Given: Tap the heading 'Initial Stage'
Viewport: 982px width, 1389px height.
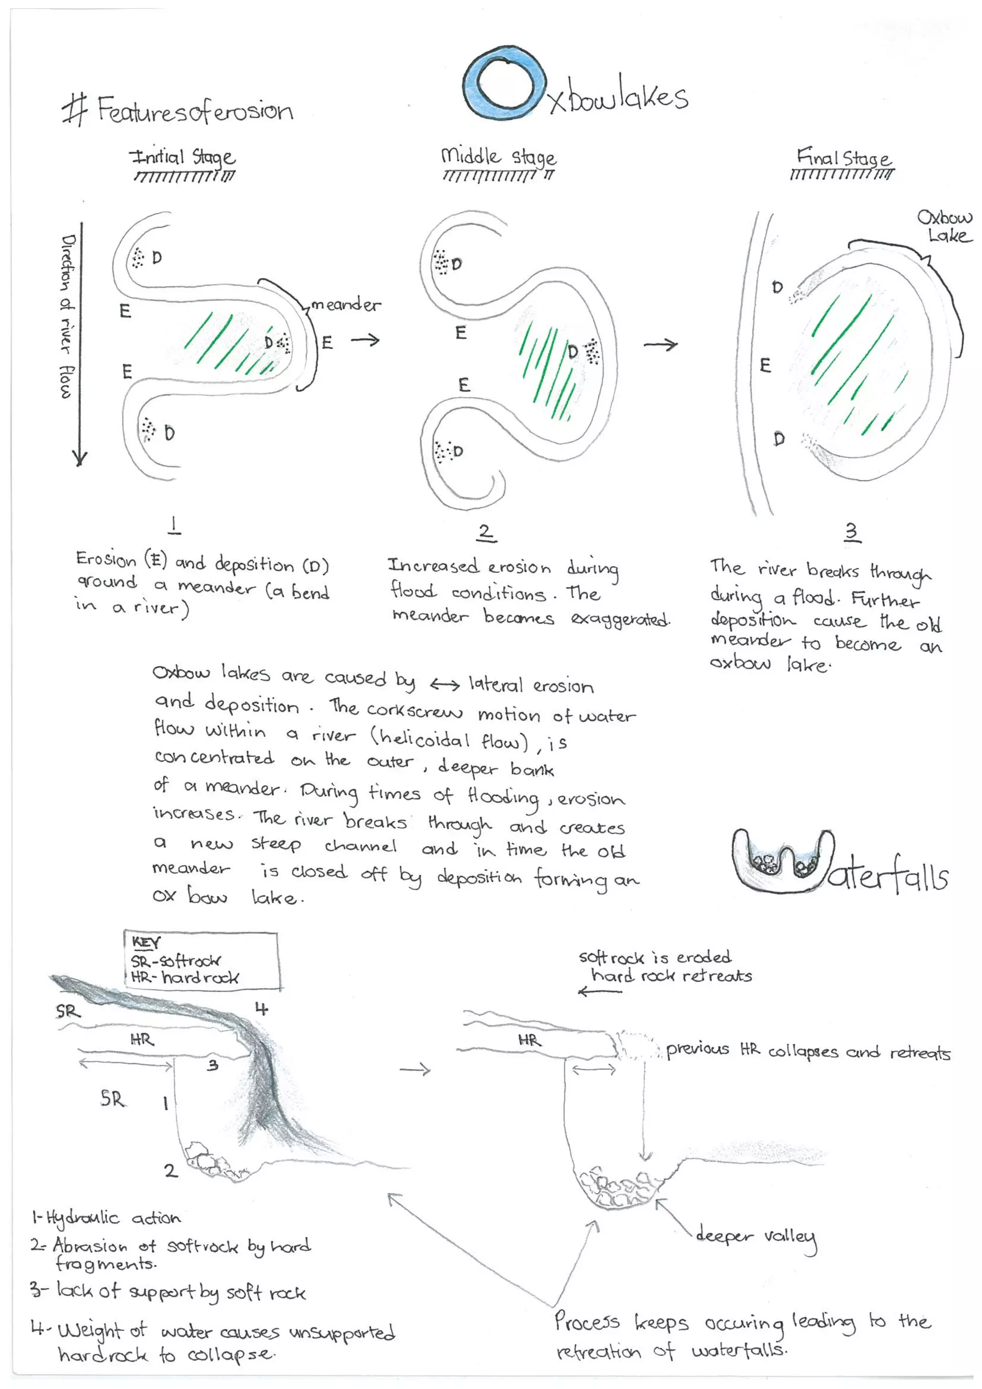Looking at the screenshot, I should [x=182, y=157].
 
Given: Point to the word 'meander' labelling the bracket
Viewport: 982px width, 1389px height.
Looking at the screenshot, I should [x=346, y=305].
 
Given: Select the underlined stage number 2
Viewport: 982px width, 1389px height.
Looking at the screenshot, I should [x=485, y=532].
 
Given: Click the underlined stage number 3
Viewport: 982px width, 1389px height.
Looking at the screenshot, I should [x=851, y=532].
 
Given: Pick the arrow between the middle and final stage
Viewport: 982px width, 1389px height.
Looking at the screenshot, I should [x=660, y=345].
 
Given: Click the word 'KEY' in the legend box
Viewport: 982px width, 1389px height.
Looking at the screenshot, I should [x=146, y=943].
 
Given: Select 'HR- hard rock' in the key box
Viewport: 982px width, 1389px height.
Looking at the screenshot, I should [x=185, y=978].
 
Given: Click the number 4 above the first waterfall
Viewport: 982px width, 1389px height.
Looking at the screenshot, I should [x=261, y=1008].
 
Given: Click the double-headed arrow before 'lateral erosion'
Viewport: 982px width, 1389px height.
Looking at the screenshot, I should [x=444, y=685].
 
